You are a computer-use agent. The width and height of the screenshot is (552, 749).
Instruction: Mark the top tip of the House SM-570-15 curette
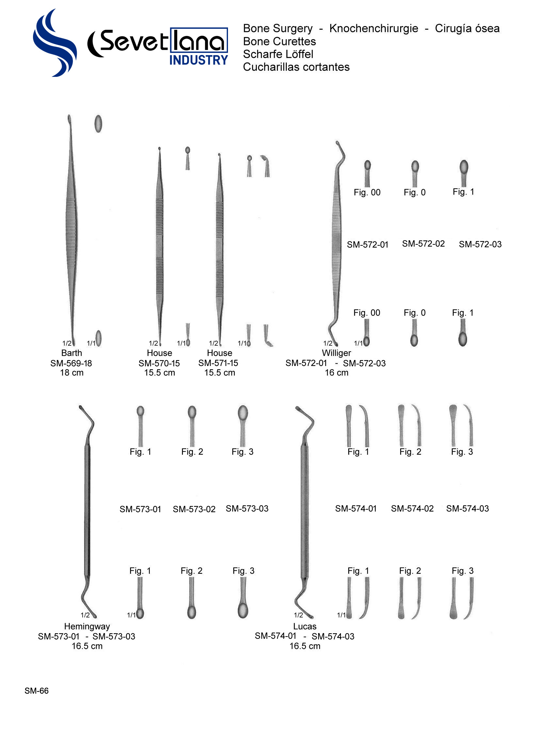[159, 148]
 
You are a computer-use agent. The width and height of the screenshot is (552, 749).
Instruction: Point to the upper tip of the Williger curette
[337, 142]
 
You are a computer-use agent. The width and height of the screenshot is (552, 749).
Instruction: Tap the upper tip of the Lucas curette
[297, 408]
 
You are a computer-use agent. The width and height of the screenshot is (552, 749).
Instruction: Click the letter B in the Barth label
[63, 353]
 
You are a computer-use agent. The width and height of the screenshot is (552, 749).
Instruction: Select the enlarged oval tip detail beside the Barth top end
[98, 124]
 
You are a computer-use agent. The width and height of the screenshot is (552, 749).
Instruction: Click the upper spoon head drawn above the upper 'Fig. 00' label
[367, 165]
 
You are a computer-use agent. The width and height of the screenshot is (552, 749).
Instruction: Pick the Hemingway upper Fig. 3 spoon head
[243, 412]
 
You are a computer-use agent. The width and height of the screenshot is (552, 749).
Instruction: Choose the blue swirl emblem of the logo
[55, 43]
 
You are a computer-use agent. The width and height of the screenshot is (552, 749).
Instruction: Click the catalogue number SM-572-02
[423, 244]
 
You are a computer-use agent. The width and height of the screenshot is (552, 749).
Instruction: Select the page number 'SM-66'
[37, 690]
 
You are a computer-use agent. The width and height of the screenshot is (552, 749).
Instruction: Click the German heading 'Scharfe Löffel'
[278, 54]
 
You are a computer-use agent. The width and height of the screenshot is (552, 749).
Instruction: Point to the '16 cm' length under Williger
[336, 373]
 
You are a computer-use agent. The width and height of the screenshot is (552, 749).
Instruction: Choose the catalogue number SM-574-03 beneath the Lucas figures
[467, 509]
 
